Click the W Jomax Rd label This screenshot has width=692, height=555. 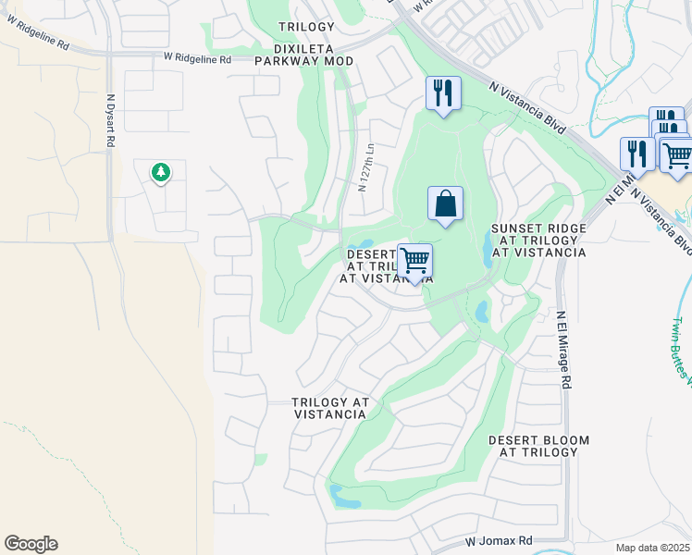click(x=499, y=540)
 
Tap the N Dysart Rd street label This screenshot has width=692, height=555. click(x=111, y=120)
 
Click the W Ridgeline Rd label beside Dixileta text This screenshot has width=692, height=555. click(x=197, y=58)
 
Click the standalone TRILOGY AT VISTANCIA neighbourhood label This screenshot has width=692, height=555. click(x=330, y=409)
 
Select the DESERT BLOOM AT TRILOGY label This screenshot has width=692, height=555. click(x=533, y=446)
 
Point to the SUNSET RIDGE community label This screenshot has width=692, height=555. click(x=538, y=240)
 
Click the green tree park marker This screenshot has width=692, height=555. click(x=161, y=172)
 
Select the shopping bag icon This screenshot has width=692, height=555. click(x=445, y=203)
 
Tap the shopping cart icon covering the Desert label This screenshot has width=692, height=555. click(x=414, y=261)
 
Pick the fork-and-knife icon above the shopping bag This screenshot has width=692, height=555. click(x=443, y=92)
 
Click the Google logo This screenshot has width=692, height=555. click(x=31, y=544)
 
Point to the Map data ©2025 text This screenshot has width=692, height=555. click(x=651, y=548)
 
